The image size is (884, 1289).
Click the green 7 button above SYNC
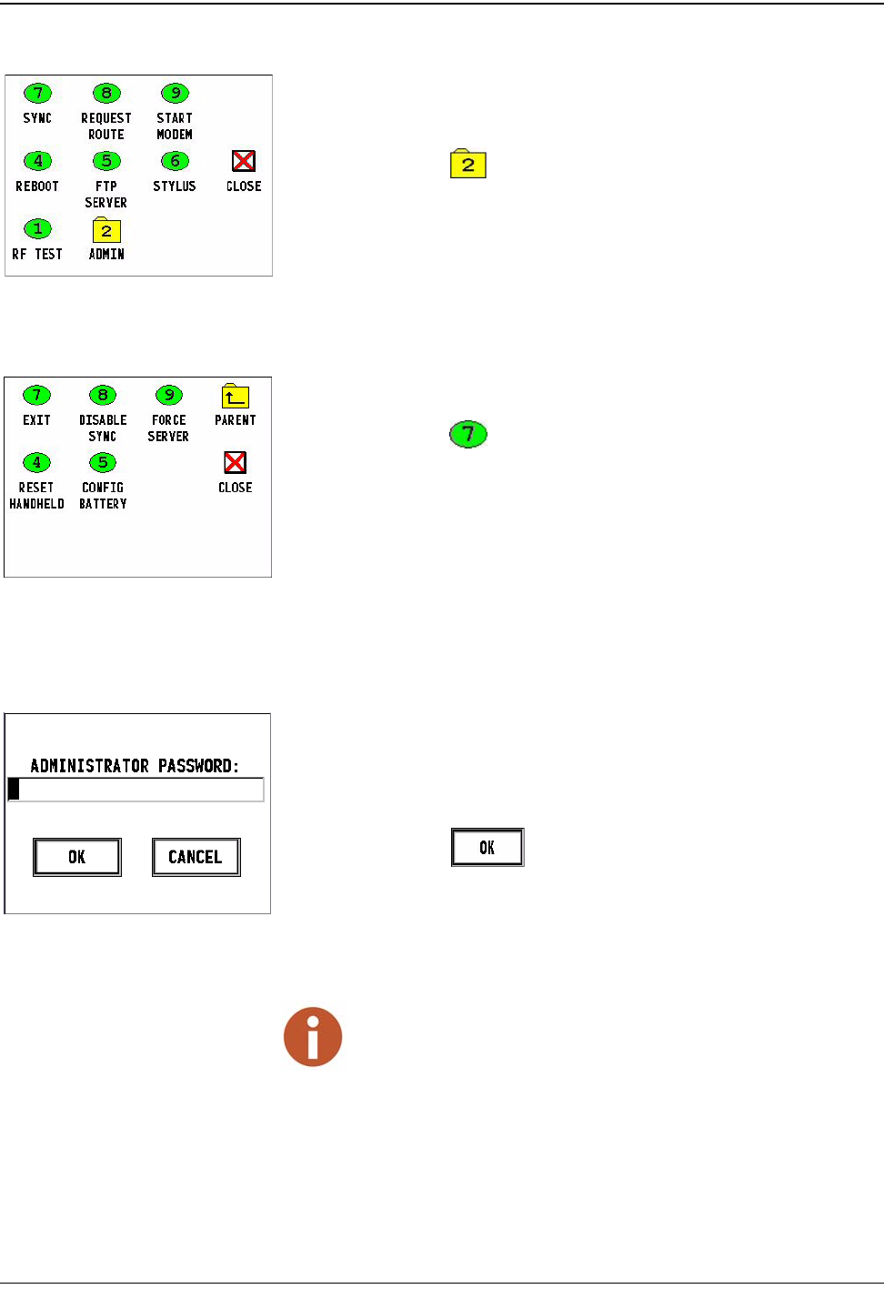[37, 93]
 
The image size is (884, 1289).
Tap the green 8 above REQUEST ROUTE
[106, 93]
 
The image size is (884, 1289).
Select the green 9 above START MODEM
[175, 93]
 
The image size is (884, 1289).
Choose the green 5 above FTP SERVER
[106, 161]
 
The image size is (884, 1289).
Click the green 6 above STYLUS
[175, 161]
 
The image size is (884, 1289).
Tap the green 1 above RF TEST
[37, 228]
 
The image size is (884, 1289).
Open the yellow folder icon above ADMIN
[106, 230]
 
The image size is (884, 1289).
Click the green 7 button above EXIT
[36, 395]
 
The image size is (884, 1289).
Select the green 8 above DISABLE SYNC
[103, 395]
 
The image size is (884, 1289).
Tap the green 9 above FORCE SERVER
[169, 395]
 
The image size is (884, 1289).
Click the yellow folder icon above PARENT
[235, 396]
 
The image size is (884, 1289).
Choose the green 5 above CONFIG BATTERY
[103, 462]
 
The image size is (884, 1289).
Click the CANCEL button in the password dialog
[196, 857]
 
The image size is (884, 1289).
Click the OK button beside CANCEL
[77, 857]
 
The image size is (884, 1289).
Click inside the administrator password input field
[136, 789]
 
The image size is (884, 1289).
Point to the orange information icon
[313, 1037]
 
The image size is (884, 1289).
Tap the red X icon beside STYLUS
[244, 161]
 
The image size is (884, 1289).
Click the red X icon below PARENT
[235, 462]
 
